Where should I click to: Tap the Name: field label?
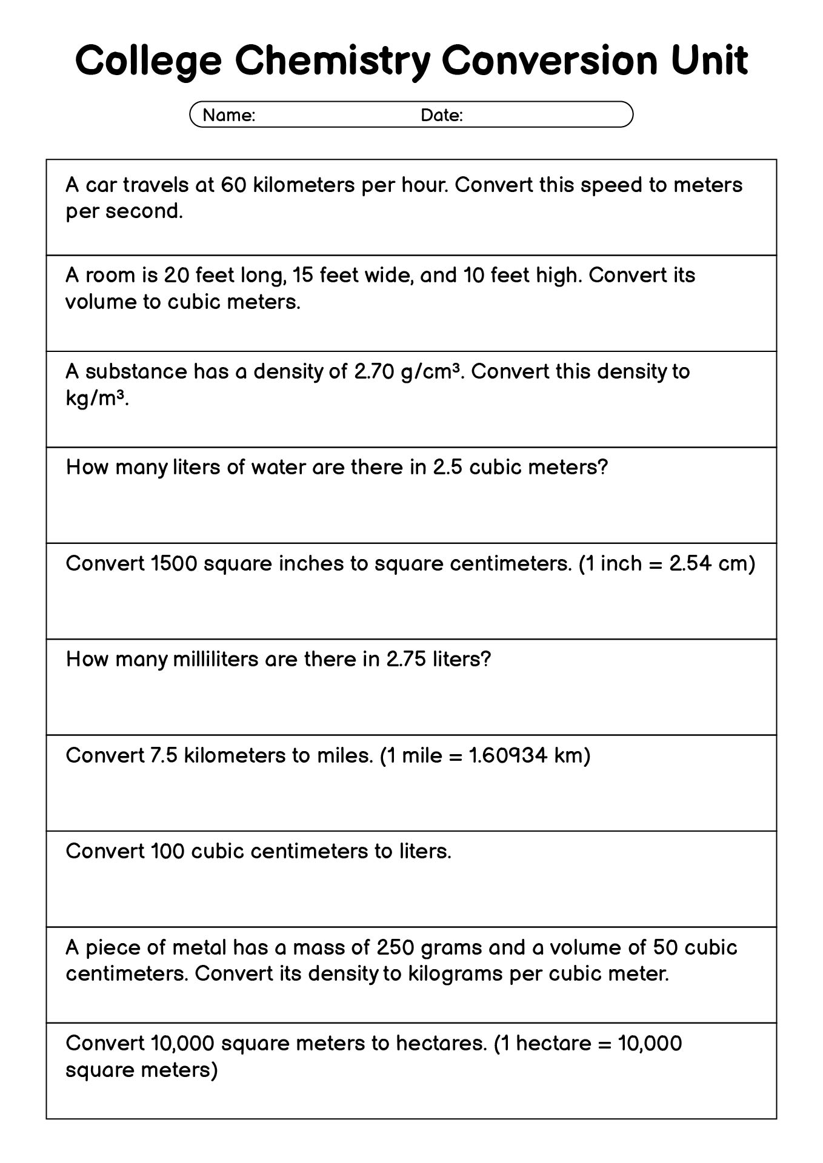(228, 115)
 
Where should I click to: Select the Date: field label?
(441, 115)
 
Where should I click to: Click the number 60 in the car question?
(233, 185)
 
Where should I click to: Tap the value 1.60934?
(508, 755)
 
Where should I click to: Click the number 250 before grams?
(395, 947)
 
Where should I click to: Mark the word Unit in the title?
(709, 62)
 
